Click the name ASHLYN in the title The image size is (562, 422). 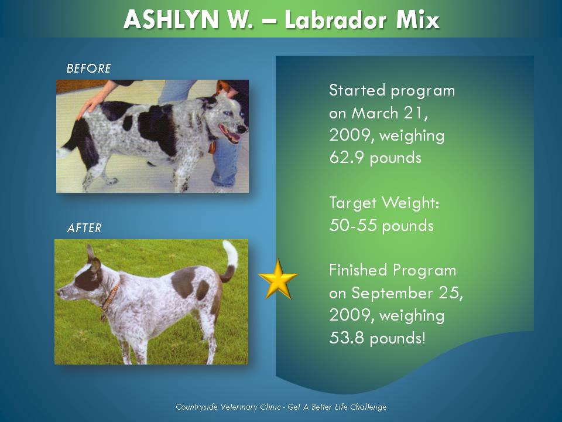(x=171, y=19)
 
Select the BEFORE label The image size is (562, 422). (x=88, y=69)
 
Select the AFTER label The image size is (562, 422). (x=84, y=228)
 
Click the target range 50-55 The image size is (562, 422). (x=353, y=225)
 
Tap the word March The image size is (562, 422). (x=374, y=113)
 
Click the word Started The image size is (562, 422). (x=357, y=90)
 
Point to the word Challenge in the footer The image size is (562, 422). (x=368, y=407)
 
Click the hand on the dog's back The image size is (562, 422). (x=92, y=104)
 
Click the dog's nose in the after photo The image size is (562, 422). (x=59, y=293)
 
